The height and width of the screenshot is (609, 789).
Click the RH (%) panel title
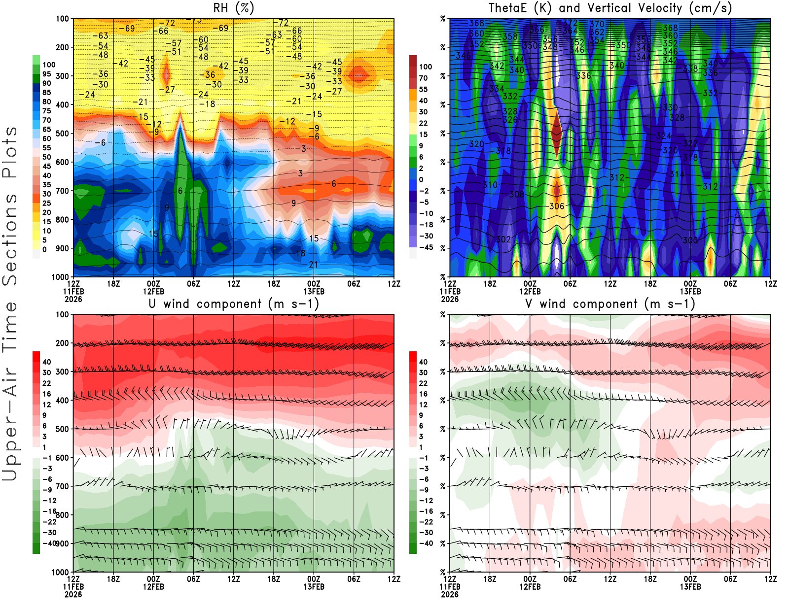pos(234,8)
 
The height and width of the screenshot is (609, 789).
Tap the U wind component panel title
pos(234,304)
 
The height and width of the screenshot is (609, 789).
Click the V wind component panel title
pos(610,304)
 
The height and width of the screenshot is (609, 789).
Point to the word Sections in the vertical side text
pos(10,239)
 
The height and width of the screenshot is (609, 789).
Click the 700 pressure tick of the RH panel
pos(62,191)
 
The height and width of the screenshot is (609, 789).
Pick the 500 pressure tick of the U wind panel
pos(62,429)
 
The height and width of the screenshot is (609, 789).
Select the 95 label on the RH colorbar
pos(47,74)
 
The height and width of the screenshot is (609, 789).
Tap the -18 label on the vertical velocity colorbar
pos(426,225)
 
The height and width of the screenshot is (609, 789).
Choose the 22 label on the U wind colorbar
pos(47,383)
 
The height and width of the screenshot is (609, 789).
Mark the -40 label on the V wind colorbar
pos(426,543)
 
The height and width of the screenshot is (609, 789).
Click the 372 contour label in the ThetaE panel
pos(570,23)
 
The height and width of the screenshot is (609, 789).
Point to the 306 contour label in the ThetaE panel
pos(557,206)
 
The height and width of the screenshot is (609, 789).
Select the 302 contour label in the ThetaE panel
pos(503,239)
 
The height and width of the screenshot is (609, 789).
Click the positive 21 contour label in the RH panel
pos(314,265)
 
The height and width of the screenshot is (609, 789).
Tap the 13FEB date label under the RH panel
pos(314,291)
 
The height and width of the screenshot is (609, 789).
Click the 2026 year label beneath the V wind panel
pos(450,594)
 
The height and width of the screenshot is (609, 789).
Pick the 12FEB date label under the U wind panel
pos(153,587)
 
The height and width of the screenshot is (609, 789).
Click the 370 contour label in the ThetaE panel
pos(597,24)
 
